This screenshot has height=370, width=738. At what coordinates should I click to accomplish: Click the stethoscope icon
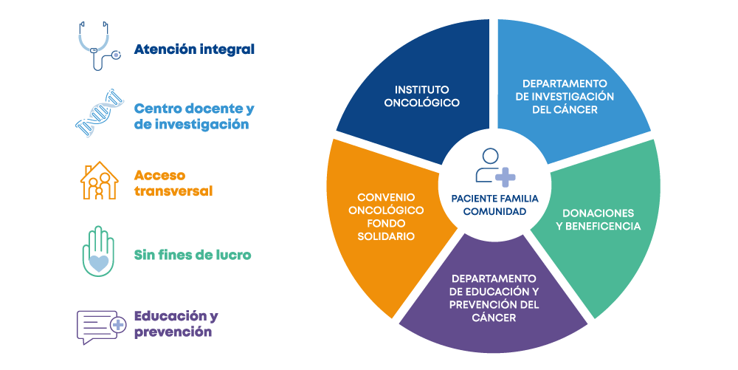[98, 46]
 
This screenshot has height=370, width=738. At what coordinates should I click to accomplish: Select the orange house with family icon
[99, 182]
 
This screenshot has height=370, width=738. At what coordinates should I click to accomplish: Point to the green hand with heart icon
[98, 251]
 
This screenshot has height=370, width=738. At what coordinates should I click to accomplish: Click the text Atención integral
[194, 49]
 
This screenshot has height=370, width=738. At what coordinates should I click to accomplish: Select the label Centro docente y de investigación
[193, 117]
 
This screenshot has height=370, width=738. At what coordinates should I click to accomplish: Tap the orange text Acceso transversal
[173, 183]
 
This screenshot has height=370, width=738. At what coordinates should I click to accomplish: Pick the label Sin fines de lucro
[193, 255]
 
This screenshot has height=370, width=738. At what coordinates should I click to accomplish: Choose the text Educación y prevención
[176, 324]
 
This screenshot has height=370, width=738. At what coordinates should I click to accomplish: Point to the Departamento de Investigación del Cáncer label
[565, 96]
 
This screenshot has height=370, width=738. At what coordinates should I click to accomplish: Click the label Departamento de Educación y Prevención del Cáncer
[494, 298]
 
